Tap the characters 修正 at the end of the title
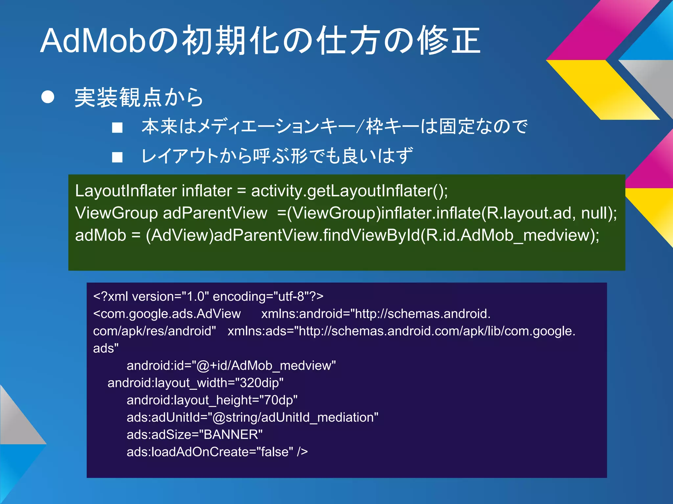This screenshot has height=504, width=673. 449,41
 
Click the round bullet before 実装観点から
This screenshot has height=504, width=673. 48,97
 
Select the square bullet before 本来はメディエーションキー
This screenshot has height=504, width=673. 117,127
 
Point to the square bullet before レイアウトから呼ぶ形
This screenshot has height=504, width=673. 117,157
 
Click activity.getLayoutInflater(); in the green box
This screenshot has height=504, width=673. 349,191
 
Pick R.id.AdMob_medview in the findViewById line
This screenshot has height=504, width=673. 508,235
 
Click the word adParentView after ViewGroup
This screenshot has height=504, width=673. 215,213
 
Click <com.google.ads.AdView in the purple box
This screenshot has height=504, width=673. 167,314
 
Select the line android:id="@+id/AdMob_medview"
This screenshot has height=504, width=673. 231,366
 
